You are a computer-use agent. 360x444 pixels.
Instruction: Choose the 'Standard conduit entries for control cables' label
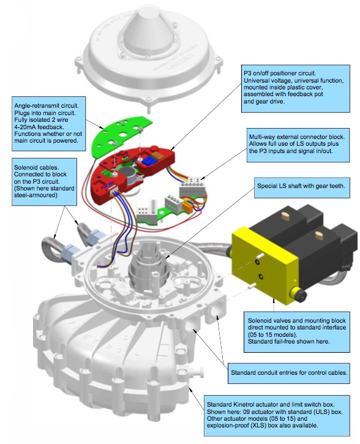click(288, 371)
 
